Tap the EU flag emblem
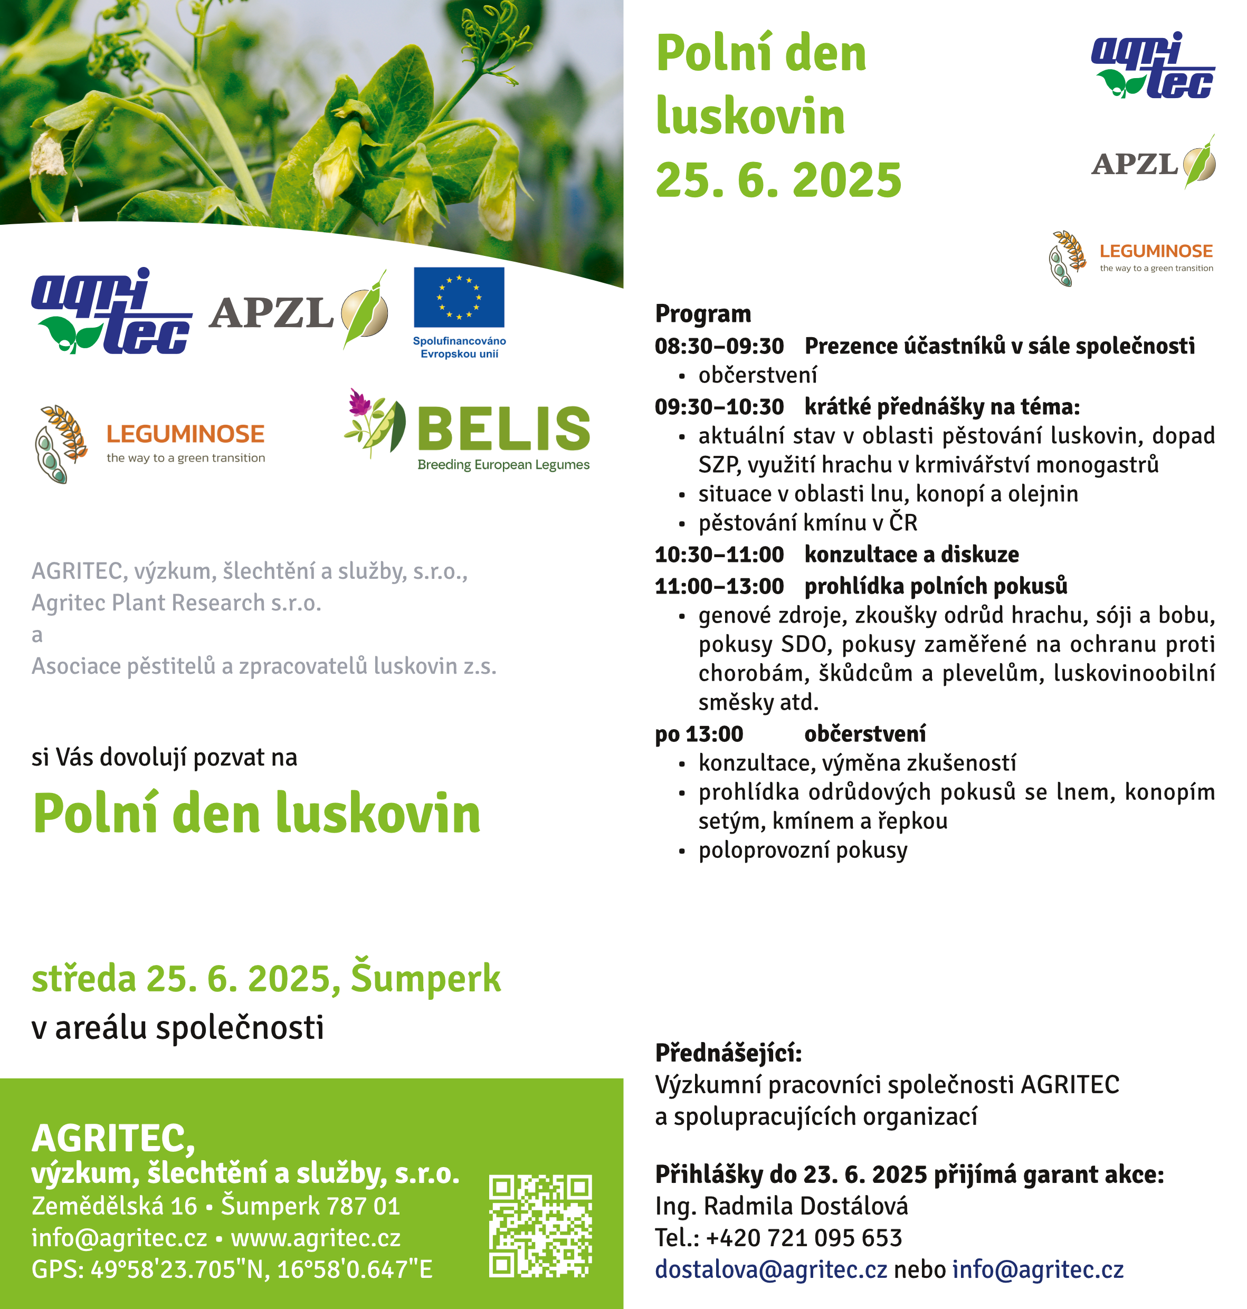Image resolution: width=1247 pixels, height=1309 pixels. pos(459,297)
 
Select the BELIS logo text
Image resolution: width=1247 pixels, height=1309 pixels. pos(503,428)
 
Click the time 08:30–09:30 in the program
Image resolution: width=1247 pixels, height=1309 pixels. pos(719,346)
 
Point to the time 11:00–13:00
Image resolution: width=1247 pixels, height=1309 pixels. pos(719,586)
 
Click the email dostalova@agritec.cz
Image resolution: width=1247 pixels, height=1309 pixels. pos(770,1270)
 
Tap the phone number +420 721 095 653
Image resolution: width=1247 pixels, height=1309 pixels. pos(804,1238)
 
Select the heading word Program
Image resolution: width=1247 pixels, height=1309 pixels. pos(702,313)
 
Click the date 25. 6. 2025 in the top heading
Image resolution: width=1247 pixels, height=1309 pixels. pos(778,180)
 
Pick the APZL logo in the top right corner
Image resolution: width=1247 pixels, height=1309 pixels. pos(1152,164)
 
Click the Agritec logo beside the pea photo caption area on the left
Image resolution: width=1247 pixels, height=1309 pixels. pos(112,311)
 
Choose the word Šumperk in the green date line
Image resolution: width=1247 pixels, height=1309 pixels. pos(425,978)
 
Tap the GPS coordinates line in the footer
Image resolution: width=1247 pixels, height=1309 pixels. pos(231,1270)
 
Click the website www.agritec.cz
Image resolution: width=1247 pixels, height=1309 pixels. pos(316,1238)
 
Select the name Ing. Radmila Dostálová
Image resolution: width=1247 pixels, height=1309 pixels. pos(781,1206)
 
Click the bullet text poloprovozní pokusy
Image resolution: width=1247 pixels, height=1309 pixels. pos(802,851)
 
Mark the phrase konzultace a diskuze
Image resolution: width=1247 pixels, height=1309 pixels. pos(911,554)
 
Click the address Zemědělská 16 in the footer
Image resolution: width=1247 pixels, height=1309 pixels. pos(115,1206)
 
